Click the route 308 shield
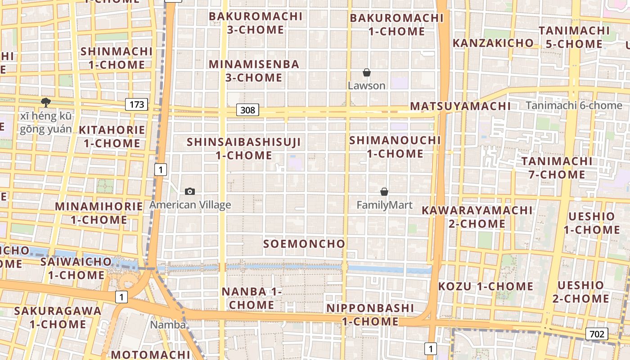[247, 110]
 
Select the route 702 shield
[597, 333]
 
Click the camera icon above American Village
[190, 192]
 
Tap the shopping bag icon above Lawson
[367, 72]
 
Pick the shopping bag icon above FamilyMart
[384, 192]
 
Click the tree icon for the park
[45, 103]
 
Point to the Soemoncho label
[304, 244]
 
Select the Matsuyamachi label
[460, 107]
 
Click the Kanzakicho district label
[493, 43]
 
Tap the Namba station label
[168, 324]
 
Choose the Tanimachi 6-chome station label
[573, 106]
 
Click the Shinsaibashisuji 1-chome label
[244, 148]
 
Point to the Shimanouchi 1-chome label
[395, 147]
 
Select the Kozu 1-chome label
[486, 286]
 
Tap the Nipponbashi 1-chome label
[370, 315]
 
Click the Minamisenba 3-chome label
[254, 71]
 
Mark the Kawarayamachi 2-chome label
[477, 217]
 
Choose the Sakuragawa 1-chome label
[58, 317]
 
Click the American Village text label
[190, 205]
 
